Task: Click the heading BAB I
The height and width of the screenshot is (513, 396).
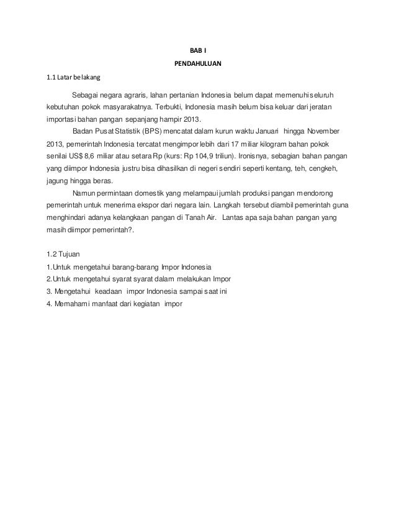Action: (197, 51)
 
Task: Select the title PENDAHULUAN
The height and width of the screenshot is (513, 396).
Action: (197, 63)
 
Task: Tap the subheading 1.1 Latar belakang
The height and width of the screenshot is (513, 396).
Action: (70, 78)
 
